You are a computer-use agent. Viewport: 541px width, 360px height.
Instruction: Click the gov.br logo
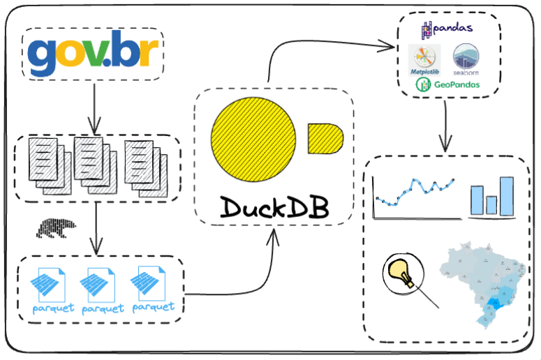click(x=93, y=53)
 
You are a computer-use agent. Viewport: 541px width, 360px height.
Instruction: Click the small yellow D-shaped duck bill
click(x=325, y=137)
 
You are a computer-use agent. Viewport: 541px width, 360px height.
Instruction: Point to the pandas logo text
click(x=447, y=29)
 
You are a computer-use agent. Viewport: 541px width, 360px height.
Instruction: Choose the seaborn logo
click(x=466, y=60)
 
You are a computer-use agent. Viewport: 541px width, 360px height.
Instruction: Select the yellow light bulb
click(x=400, y=272)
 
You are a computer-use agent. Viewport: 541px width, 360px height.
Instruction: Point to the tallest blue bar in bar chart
click(x=506, y=196)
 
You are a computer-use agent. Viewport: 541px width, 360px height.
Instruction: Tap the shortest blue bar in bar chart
click(x=491, y=205)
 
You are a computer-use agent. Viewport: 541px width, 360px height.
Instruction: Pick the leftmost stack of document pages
click(x=47, y=165)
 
